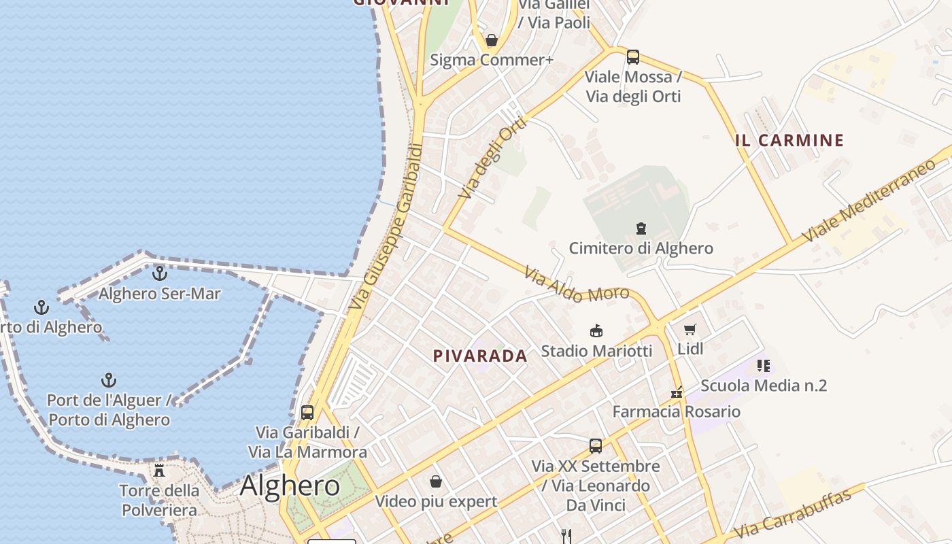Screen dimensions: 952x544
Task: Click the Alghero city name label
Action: click(x=290, y=486)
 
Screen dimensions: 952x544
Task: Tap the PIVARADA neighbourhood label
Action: click(x=480, y=356)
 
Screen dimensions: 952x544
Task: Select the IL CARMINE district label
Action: click(x=789, y=141)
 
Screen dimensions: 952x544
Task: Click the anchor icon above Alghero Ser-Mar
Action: click(x=160, y=273)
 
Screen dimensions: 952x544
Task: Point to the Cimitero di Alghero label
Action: click(x=641, y=248)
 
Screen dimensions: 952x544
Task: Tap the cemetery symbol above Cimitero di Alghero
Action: click(x=641, y=228)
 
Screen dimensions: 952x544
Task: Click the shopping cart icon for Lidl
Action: click(x=690, y=330)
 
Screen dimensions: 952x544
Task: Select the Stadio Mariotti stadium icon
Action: click(x=596, y=331)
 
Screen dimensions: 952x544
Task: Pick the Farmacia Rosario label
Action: click(x=676, y=411)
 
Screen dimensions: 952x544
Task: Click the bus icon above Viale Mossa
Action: click(x=633, y=57)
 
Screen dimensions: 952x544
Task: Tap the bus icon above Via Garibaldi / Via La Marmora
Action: click(x=307, y=412)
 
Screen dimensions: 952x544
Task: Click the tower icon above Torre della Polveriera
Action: click(x=159, y=470)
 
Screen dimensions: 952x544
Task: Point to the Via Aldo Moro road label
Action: click(x=577, y=285)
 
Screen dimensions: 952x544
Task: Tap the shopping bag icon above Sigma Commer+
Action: click(x=492, y=40)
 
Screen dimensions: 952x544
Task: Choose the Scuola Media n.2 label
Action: click(x=764, y=386)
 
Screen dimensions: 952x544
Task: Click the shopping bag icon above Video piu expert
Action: click(x=436, y=481)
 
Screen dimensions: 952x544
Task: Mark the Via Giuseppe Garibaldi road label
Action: click(x=386, y=228)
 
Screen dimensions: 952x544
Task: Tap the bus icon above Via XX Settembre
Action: click(x=596, y=446)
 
